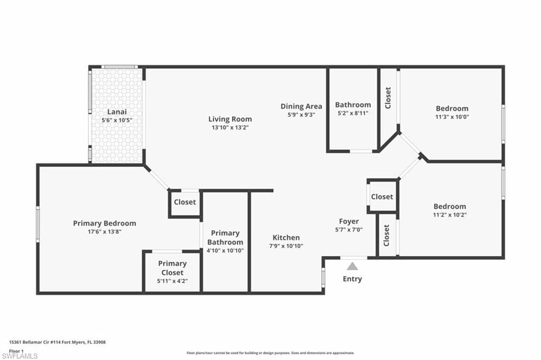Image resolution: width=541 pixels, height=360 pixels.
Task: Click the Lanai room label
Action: tap(117, 112)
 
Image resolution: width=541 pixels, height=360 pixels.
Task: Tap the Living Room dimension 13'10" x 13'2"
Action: tap(230, 127)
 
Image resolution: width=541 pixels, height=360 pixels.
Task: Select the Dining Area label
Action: tap(301, 106)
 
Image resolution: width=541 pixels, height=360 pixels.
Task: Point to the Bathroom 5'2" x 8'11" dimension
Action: tap(352, 113)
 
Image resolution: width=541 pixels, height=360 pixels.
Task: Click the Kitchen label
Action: tap(286, 237)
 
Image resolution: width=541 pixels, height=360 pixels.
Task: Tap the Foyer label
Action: tap(349, 221)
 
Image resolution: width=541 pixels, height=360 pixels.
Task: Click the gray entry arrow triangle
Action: tap(352, 266)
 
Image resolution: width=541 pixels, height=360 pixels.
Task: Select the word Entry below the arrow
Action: tap(352, 279)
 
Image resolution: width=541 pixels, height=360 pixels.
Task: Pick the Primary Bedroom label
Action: tap(105, 223)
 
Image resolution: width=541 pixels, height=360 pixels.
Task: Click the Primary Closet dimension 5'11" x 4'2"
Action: tap(173, 281)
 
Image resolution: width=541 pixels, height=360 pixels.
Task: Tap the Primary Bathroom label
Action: tap(225, 237)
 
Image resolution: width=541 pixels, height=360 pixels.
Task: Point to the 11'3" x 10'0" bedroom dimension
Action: tap(452, 117)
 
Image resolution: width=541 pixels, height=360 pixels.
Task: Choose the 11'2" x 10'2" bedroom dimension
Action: tap(450, 215)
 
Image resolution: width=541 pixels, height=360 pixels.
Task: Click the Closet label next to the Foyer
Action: tap(382, 197)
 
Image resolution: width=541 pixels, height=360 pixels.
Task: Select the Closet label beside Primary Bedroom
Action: tap(185, 202)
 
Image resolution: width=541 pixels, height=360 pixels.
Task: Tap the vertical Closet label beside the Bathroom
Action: tap(388, 98)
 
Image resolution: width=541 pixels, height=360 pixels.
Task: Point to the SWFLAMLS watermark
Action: tap(20, 356)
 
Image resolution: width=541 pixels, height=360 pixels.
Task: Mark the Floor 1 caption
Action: tap(16, 351)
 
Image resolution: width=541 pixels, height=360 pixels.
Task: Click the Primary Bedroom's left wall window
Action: tap(38, 224)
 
